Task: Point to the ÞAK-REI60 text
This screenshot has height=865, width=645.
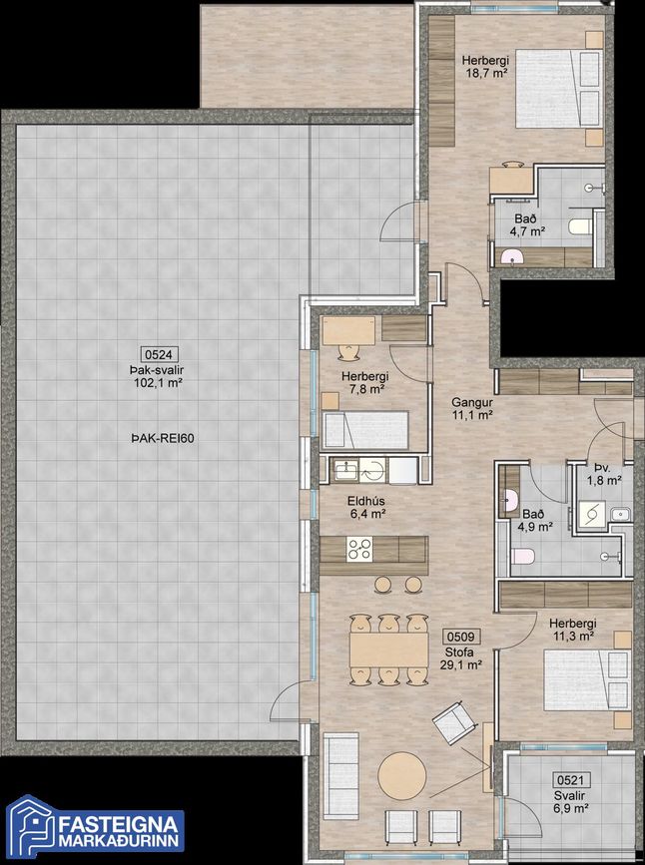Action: [163, 439]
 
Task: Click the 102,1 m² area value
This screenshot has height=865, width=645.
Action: [159, 382]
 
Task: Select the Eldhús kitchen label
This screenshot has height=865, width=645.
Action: [366, 502]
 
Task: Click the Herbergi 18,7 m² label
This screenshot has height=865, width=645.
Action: [485, 66]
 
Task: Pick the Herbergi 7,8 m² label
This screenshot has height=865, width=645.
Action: [365, 383]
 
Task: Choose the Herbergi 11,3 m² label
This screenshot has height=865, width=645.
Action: [573, 630]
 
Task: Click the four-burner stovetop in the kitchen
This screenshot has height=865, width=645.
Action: [359, 549]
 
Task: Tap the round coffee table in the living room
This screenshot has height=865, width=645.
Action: [402, 775]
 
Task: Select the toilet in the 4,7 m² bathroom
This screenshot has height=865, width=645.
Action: [579, 226]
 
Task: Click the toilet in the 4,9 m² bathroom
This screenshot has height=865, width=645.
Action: [522, 556]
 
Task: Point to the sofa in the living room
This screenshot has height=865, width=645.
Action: [341, 775]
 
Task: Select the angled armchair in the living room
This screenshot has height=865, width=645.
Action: [454, 722]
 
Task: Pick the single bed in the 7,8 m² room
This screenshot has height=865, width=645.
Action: [365, 429]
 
